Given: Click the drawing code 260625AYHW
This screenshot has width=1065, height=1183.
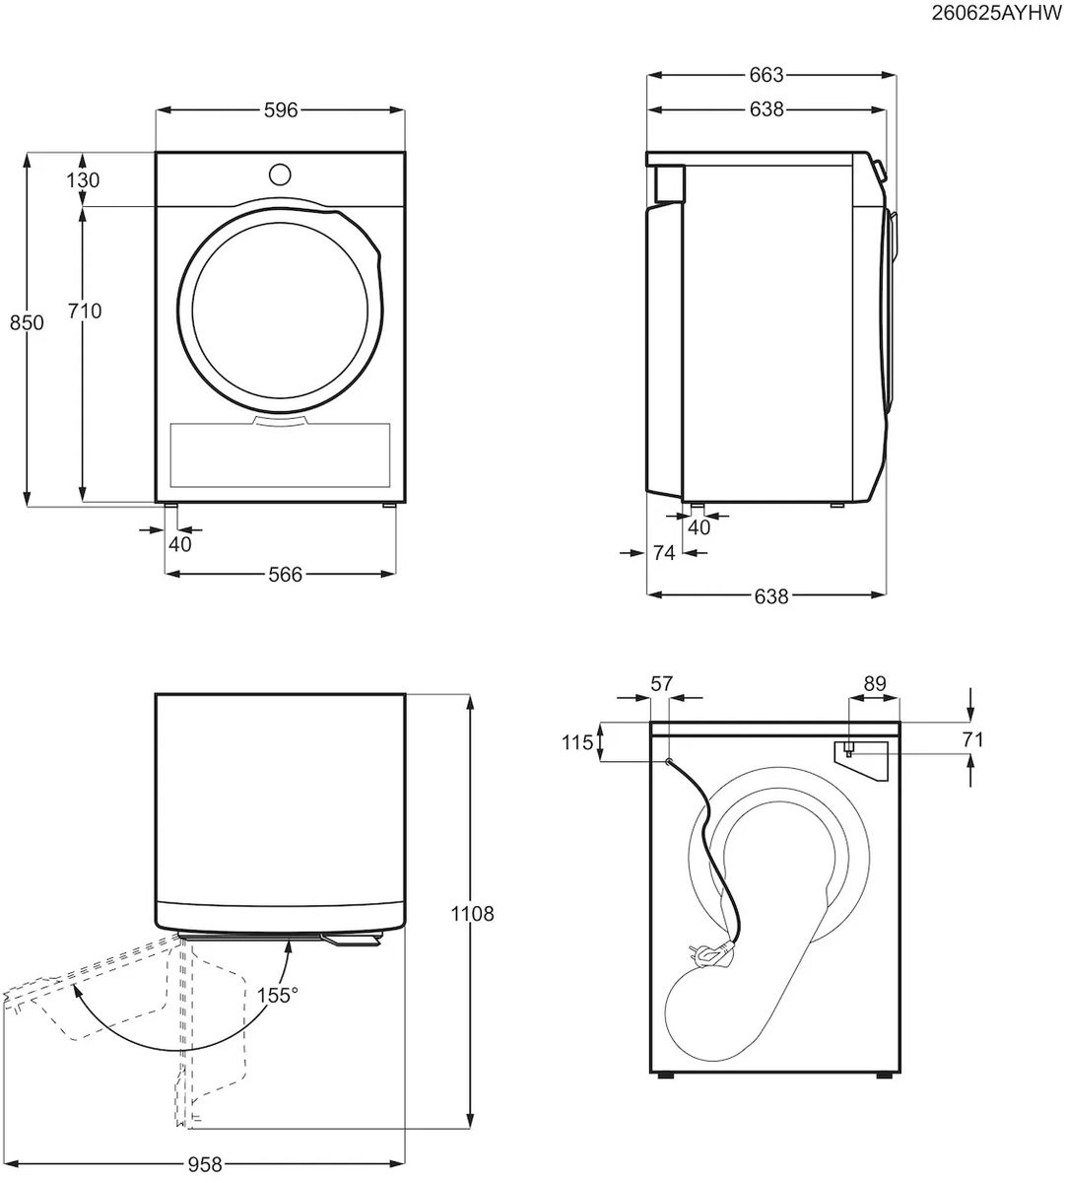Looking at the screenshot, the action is pyautogui.click(x=996, y=13).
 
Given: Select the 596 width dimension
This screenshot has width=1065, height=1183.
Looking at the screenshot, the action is pyautogui.click(x=281, y=110).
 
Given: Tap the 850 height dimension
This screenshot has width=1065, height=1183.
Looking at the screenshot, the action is pyautogui.click(x=27, y=322).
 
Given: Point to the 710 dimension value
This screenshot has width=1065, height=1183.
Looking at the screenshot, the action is pyautogui.click(x=85, y=311).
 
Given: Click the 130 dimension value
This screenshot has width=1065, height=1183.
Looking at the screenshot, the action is pyautogui.click(x=83, y=179).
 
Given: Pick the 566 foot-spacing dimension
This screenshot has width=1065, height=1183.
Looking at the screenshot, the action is pyautogui.click(x=286, y=575).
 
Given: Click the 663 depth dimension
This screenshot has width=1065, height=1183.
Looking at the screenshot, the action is pyautogui.click(x=766, y=75).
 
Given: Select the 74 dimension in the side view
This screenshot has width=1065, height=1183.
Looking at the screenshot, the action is pyautogui.click(x=664, y=553).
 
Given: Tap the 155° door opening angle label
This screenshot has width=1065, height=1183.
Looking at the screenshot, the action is pyautogui.click(x=277, y=996).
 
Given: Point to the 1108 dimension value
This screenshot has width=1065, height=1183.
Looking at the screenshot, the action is pyautogui.click(x=472, y=914).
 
